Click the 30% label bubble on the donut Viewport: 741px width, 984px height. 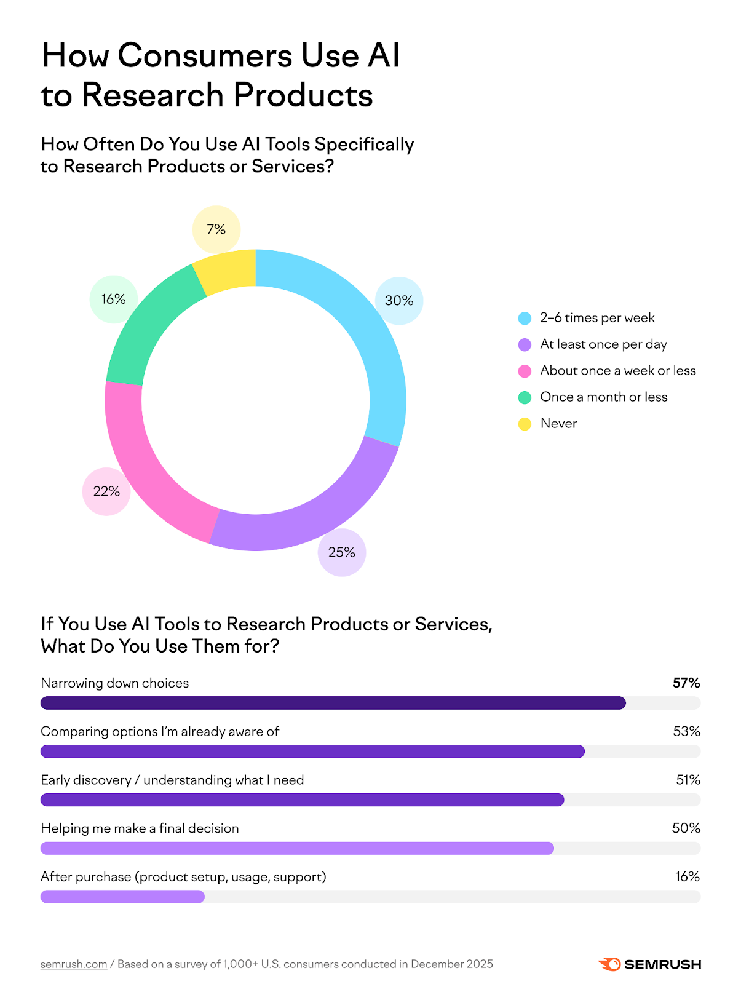[399, 301]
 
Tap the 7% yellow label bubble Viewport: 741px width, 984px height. [216, 229]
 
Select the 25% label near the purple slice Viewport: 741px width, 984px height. [341, 552]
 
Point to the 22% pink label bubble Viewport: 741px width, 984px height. [106, 491]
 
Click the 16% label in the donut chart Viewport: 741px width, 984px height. [114, 299]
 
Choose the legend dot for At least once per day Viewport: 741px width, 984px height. [525, 344]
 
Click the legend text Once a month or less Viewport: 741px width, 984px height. [603, 397]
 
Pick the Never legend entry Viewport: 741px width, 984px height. [558, 424]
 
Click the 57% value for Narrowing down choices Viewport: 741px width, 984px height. [686, 683]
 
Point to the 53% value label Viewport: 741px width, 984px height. [686, 732]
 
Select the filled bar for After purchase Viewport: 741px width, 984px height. [122, 897]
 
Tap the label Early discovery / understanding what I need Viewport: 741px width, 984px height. [172, 780]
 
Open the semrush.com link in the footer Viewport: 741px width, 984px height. [74, 964]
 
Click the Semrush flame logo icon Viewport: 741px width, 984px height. [609, 964]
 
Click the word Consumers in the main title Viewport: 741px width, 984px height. [205, 55]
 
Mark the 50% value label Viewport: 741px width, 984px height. [686, 828]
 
